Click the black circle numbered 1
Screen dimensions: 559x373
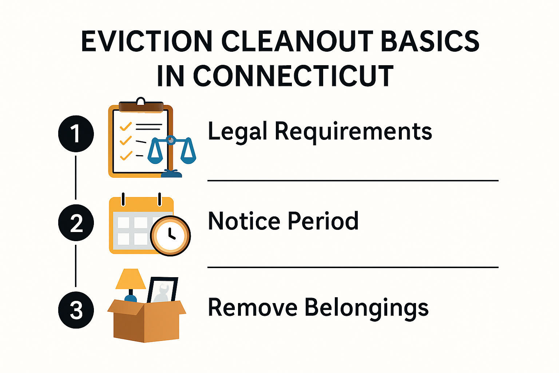coord(76,133)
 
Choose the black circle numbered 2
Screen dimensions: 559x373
coord(76,223)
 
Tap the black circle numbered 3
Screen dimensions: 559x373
coord(76,310)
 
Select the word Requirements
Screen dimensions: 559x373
coord(353,131)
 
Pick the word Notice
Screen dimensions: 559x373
coord(244,221)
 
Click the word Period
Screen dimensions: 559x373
coord(323,221)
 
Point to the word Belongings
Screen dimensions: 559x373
coord(366,308)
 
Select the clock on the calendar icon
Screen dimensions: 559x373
coord(170,235)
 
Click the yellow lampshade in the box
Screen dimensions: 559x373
coord(130,279)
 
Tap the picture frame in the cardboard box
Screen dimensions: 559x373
coord(162,290)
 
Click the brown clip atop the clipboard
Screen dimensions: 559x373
coord(141,106)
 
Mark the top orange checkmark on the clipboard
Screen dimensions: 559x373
coord(126,126)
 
